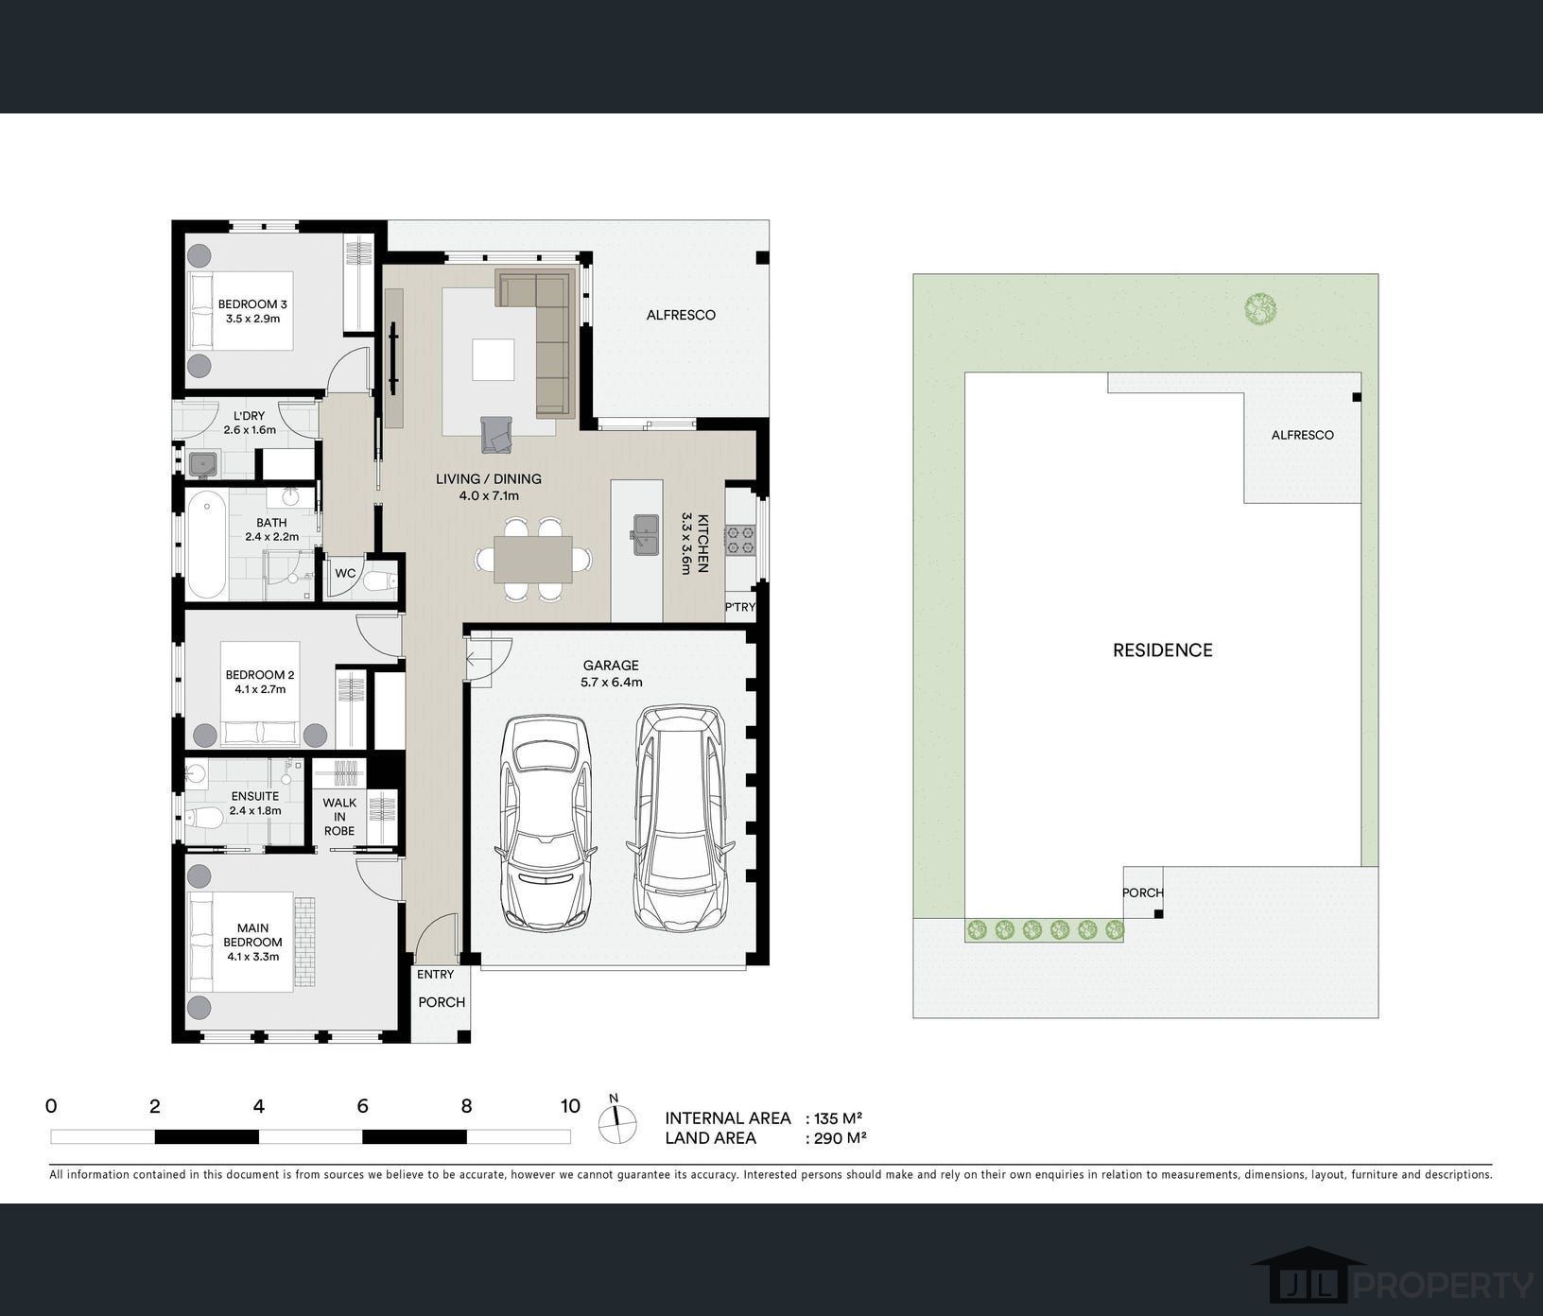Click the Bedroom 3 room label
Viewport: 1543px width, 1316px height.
pyautogui.click(x=252, y=311)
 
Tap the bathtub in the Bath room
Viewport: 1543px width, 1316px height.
pyautogui.click(x=206, y=544)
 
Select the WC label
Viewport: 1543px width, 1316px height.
pyautogui.click(x=345, y=573)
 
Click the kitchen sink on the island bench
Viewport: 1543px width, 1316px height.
pyautogui.click(x=646, y=532)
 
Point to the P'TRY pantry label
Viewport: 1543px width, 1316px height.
pyautogui.click(x=739, y=607)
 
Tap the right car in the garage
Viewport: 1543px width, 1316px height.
pyautogui.click(x=678, y=818)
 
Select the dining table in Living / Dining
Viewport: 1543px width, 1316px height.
pyautogui.click(x=533, y=559)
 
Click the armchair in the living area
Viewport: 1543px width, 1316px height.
pyautogui.click(x=498, y=434)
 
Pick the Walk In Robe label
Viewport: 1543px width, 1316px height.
pyautogui.click(x=339, y=817)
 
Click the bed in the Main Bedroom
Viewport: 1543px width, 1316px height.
pyautogui.click(x=241, y=942)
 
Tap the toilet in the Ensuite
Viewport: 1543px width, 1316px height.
pyautogui.click(x=202, y=818)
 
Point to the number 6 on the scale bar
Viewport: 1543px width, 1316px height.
pyautogui.click(x=362, y=1106)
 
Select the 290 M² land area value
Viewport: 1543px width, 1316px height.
pyautogui.click(x=840, y=1138)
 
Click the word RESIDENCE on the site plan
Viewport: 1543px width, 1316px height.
pyautogui.click(x=1162, y=649)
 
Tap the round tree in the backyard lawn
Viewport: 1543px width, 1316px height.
pyautogui.click(x=1259, y=308)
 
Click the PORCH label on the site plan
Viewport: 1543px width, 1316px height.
pyautogui.click(x=1142, y=892)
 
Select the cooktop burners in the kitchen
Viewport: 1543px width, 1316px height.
pyautogui.click(x=738, y=540)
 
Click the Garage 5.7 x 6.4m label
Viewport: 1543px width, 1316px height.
pyautogui.click(x=611, y=673)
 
